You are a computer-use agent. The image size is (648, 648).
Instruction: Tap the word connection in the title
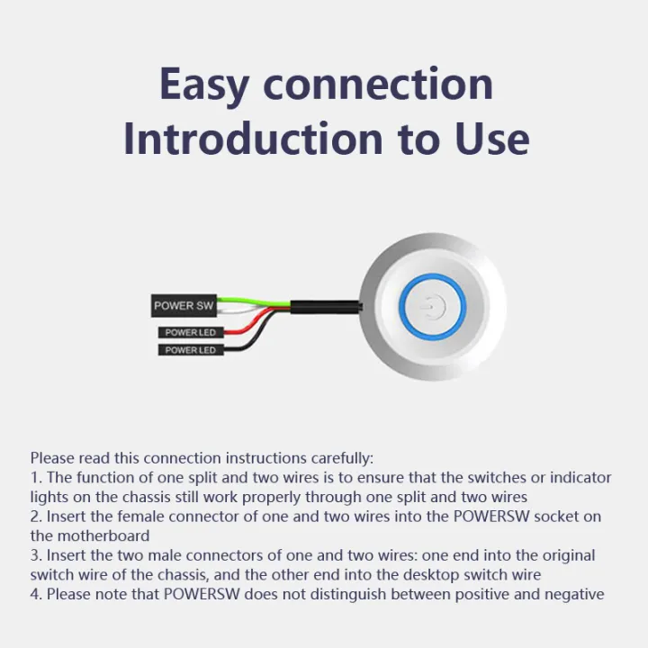click(378, 84)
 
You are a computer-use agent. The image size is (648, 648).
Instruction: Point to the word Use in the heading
click(492, 139)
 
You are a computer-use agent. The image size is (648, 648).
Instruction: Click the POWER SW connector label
click(184, 306)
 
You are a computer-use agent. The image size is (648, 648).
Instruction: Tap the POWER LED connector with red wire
click(191, 332)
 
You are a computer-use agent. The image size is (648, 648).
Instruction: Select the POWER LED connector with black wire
click(191, 350)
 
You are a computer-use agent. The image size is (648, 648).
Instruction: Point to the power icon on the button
click(433, 307)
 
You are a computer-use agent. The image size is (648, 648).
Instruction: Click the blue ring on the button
click(433, 276)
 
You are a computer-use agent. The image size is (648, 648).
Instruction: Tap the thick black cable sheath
click(327, 307)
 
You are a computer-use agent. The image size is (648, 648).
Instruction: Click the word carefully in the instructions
click(342, 458)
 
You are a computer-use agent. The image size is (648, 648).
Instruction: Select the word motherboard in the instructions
click(103, 536)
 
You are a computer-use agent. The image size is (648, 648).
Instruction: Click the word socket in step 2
click(552, 517)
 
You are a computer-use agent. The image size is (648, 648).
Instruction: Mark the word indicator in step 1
click(580, 478)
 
